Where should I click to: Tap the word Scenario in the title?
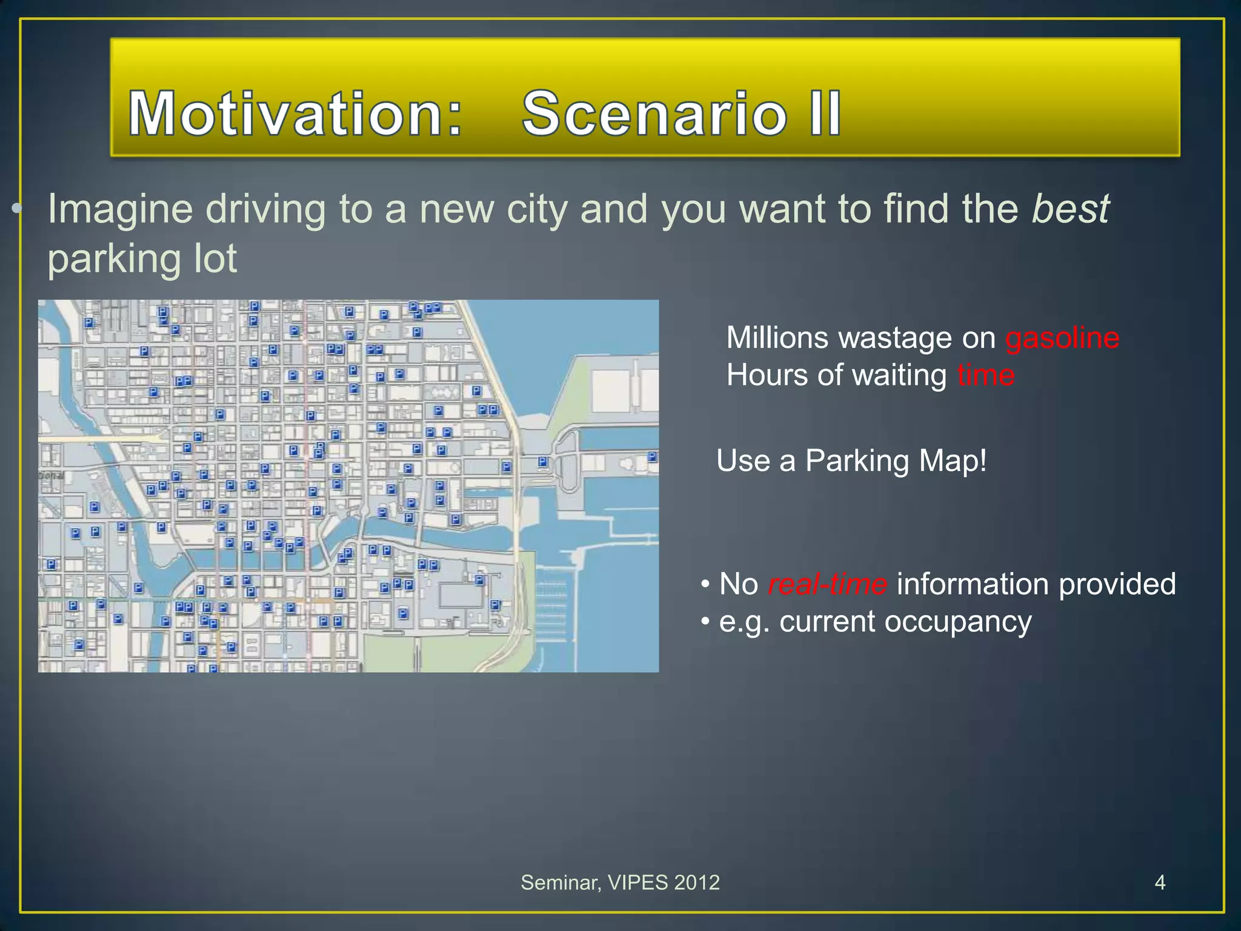point(654,113)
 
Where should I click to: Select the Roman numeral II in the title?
point(825,113)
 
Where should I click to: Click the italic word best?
point(1071,209)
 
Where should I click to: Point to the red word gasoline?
point(1062,338)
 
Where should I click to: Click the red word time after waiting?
point(985,375)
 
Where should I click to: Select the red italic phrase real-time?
point(827,584)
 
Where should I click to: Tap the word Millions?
point(777,338)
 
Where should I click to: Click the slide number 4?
point(1160,883)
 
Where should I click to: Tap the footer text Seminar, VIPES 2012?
point(620,883)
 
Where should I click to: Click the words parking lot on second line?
point(142,259)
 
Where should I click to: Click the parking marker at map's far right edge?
point(652,457)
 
